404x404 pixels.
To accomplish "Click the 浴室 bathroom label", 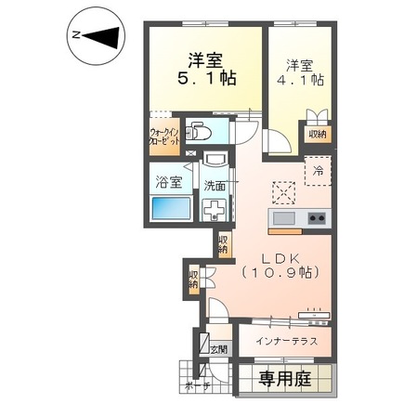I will pyautogui.click(x=169, y=184).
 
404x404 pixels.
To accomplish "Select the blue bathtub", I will pyautogui.click(x=170, y=207).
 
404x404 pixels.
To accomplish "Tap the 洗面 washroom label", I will pyautogui.click(x=215, y=184).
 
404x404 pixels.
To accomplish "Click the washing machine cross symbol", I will pyautogui.click(x=215, y=209).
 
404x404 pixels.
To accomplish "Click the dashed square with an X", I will pyautogui.click(x=281, y=190).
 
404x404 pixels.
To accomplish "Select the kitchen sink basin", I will pyautogui.click(x=282, y=219).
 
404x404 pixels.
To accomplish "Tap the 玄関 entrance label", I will pyautogui.click(x=217, y=349).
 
